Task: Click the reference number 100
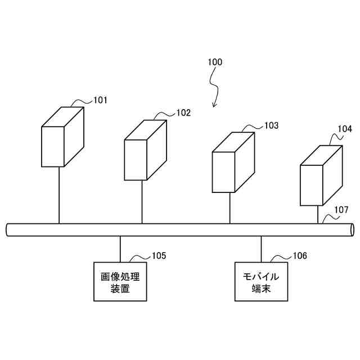click(x=215, y=62)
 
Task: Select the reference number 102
click(x=183, y=112)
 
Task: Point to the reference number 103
click(x=271, y=125)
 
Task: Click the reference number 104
click(x=345, y=129)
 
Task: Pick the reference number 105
click(x=159, y=256)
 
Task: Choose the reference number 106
click(x=300, y=256)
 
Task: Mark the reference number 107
click(x=341, y=210)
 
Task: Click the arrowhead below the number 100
click(x=214, y=105)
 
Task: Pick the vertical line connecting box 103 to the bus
click(x=229, y=208)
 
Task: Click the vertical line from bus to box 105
click(x=120, y=249)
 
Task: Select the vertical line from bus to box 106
click(x=261, y=249)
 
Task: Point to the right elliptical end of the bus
click(x=352, y=229)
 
